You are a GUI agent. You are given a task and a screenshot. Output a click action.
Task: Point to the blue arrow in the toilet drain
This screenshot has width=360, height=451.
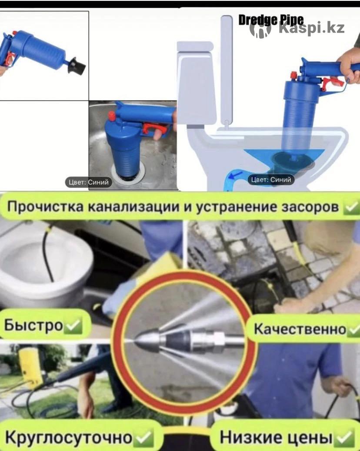pyautogui.click(x=237, y=175)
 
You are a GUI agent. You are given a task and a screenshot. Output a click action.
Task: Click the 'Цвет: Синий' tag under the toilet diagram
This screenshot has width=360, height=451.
pyautogui.click(x=271, y=180)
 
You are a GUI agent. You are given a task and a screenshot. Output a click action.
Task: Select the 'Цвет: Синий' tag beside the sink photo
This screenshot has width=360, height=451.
pyautogui.click(x=88, y=182)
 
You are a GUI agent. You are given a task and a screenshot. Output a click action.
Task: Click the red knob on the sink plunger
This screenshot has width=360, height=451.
pyautogui.click(x=112, y=116)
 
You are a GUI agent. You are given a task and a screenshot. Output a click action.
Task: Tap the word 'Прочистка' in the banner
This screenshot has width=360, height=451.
pyautogui.click(x=45, y=207)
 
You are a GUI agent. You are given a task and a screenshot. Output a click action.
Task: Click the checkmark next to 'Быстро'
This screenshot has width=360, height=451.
pyautogui.click(x=73, y=325)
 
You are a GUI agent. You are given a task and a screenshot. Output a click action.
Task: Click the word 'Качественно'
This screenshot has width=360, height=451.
pyautogui.click(x=300, y=329)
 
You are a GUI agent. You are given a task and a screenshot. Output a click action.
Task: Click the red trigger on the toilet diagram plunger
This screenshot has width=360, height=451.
pyautogui.click(x=332, y=83)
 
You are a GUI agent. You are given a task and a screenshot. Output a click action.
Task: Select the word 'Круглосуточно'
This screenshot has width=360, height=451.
pyautogui.click(x=69, y=438)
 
